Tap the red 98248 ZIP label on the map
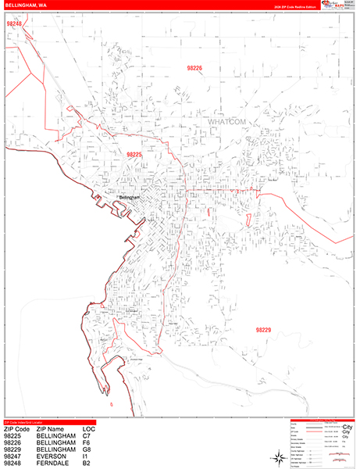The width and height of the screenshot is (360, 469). pos(13,24)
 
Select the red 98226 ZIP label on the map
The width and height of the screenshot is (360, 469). pos(194,69)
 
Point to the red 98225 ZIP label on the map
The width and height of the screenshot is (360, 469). pos(134,155)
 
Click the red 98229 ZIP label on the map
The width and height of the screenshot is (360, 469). pos(263,330)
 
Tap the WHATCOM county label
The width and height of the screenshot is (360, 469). pos(227,123)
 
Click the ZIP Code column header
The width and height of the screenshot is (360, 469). pos(16,429)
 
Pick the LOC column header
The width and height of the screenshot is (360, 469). pos(90,429)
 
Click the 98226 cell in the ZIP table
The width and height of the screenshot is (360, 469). pos(12,443)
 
